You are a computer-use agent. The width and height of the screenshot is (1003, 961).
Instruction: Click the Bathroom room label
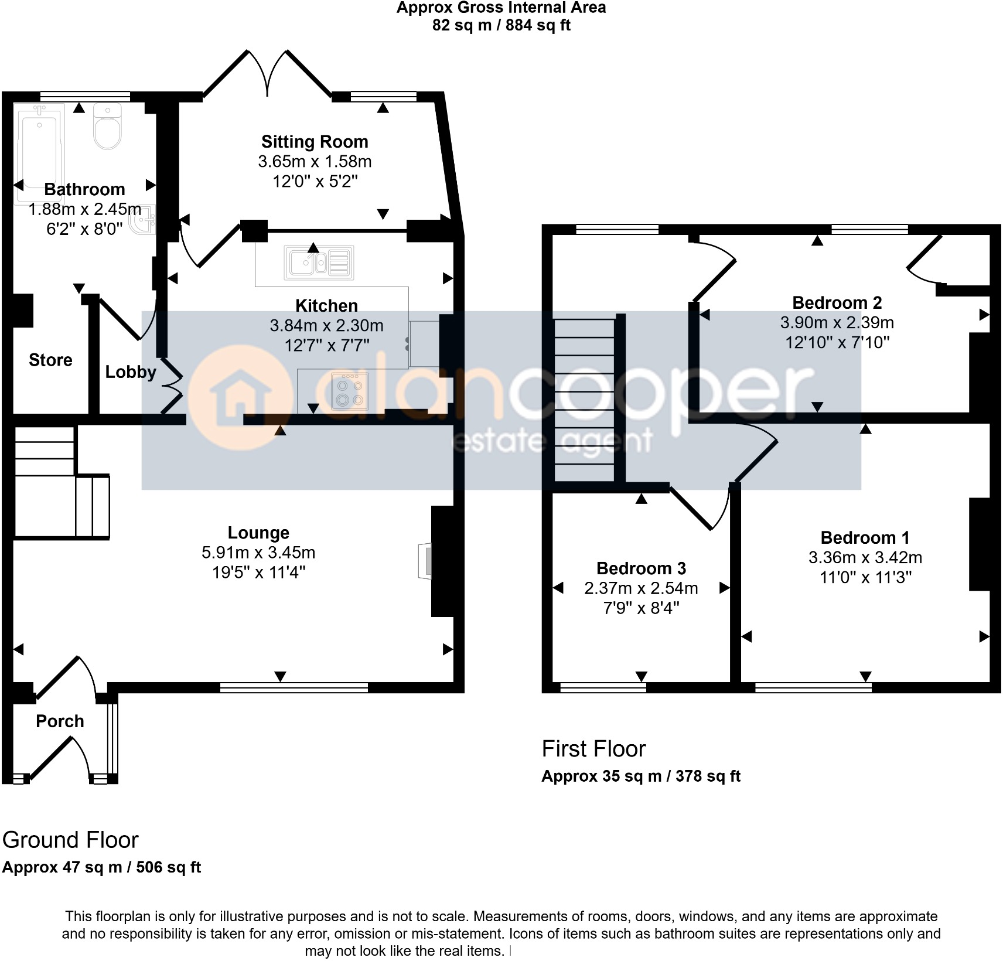pyautogui.click(x=84, y=189)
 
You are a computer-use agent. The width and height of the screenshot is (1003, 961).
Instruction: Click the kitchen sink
pyautogui.click(x=319, y=261)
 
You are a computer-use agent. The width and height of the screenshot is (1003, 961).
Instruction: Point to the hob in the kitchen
pyautogui.click(x=350, y=391)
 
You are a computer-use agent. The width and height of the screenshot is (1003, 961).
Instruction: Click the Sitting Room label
pyautogui.click(x=315, y=142)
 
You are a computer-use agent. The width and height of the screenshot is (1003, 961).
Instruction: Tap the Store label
pyautogui.click(x=50, y=360)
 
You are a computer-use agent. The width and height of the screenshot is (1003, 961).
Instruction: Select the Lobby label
pyautogui.click(x=131, y=372)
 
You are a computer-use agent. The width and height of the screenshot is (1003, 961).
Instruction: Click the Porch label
pyautogui.click(x=60, y=721)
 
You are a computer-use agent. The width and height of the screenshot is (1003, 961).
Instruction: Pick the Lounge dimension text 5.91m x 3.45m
pyautogui.click(x=258, y=553)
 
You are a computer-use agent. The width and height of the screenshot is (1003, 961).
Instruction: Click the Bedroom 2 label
pyautogui.click(x=837, y=303)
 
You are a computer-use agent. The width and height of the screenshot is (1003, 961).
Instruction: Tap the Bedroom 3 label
pyautogui.click(x=641, y=568)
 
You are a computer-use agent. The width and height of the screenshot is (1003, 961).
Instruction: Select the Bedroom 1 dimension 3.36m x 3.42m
pyautogui.click(x=865, y=558)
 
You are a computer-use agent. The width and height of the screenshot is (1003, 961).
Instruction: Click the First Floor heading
pyautogui.click(x=593, y=749)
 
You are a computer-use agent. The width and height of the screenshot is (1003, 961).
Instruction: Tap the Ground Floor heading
pyautogui.click(x=70, y=840)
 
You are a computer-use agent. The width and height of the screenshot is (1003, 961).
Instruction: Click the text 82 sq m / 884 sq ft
pyautogui.click(x=501, y=25)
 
